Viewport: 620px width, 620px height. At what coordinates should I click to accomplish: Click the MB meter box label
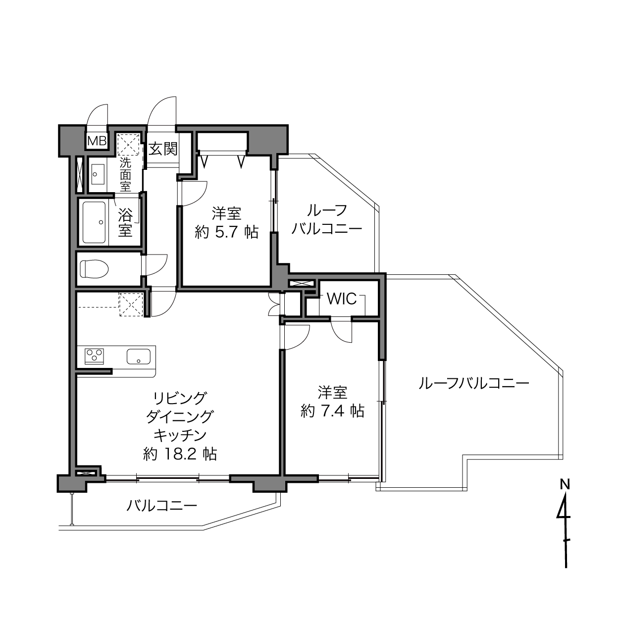click(x=97, y=141)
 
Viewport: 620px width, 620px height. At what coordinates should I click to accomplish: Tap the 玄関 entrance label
click(x=163, y=149)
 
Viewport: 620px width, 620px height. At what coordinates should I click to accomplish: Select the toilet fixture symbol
click(x=94, y=269)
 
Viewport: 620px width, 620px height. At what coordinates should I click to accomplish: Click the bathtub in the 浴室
click(x=94, y=222)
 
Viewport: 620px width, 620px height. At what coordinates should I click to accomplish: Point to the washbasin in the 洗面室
click(x=97, y=174)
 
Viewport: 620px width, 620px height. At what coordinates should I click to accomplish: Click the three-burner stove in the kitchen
click(x=94, y=357)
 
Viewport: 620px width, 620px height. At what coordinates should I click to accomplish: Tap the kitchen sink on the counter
click(x=138, y=357)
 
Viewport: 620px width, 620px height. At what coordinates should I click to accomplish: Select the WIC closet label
click(x=342, y=299)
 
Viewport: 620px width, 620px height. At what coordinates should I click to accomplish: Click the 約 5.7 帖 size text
click(x=226, y=232)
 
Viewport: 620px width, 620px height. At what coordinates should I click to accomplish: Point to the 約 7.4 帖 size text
click(x=332, y=411)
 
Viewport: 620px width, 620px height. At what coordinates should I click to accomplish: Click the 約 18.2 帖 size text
click(x=180, y=454)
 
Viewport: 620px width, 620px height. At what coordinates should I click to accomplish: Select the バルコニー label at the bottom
click(x=161, y=506)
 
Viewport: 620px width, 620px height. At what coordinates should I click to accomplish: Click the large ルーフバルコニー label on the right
click(x=474, y=384)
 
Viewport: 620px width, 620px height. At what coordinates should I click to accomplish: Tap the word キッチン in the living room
click(x=180, y=436)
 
